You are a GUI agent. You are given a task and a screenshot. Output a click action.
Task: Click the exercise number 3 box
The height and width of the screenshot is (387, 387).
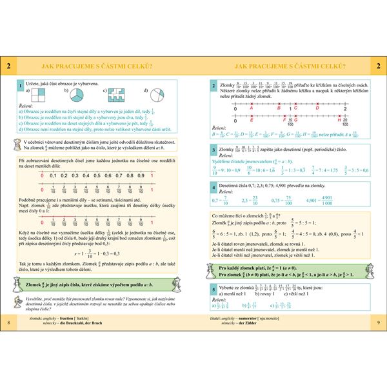[x=214, y=150]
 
